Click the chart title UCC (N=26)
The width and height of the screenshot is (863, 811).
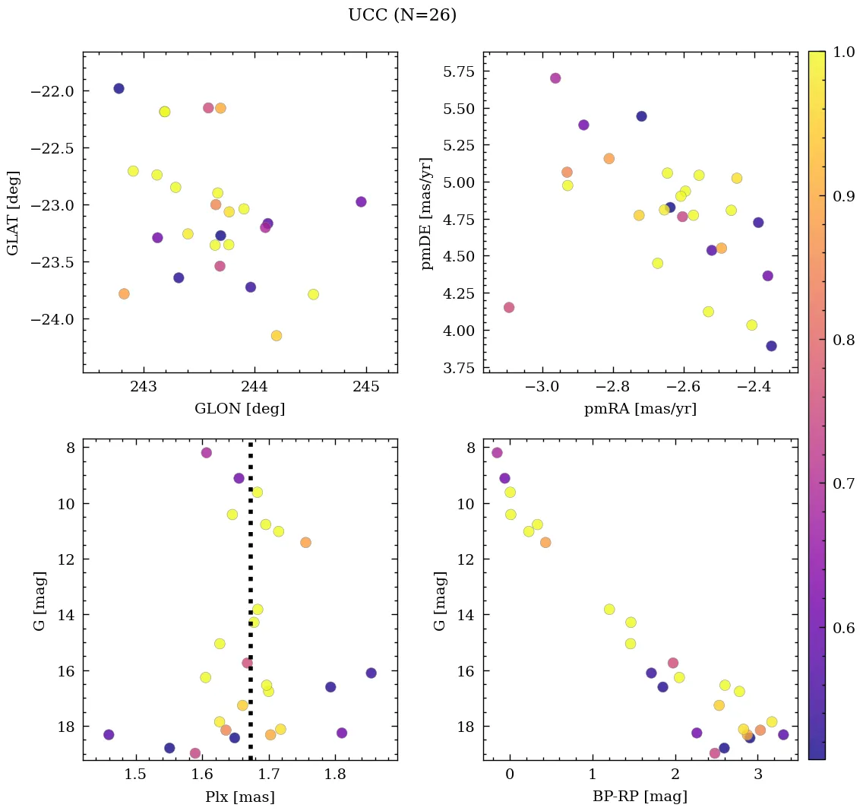click(402, 15)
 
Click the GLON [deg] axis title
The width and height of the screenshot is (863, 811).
click(239, 409)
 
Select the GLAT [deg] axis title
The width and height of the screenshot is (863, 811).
click(13, 213)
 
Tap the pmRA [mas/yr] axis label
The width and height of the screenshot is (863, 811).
click(640, 409)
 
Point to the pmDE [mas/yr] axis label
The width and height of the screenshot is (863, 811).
click(427, 213)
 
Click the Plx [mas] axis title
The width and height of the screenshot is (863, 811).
click(239, 797)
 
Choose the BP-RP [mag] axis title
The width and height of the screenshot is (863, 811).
click(640, 797)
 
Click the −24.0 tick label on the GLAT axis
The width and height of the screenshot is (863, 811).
click(52, 319)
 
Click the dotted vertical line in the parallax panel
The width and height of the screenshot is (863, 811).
click(251, 593)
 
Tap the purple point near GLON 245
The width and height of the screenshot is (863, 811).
click(361, 201)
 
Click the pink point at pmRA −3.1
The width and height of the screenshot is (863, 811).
click(509, 307)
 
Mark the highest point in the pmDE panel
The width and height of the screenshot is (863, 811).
click(555, 78)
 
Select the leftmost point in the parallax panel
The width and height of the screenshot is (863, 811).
click(109, 734)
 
